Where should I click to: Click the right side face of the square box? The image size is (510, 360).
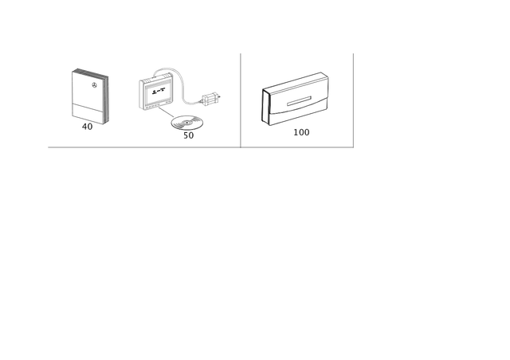point(106,96)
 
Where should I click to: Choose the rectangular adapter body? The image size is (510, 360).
point(159,93)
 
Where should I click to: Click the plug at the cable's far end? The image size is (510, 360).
point(214,97)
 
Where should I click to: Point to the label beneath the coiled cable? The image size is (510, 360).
point(189,135)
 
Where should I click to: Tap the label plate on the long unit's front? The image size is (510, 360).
point(302,102)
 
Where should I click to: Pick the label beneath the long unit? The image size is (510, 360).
point(301,132)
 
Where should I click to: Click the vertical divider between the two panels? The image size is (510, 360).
point(241,99)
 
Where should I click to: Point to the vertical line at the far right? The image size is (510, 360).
point(353,99)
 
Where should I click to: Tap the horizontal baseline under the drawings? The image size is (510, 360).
point(199,147)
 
